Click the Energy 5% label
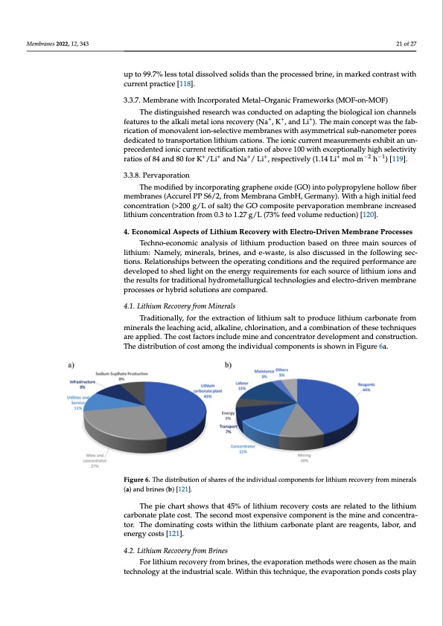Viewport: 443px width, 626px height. tap(228, 415)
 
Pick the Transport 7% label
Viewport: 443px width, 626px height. tap(229, 430)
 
